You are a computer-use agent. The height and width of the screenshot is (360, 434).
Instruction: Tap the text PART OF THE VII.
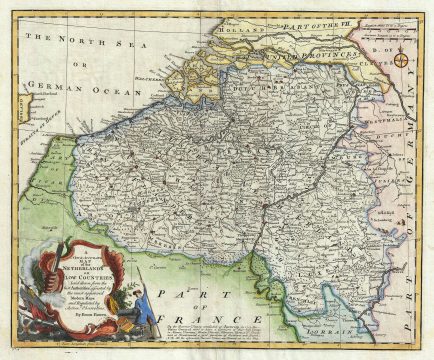315,17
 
